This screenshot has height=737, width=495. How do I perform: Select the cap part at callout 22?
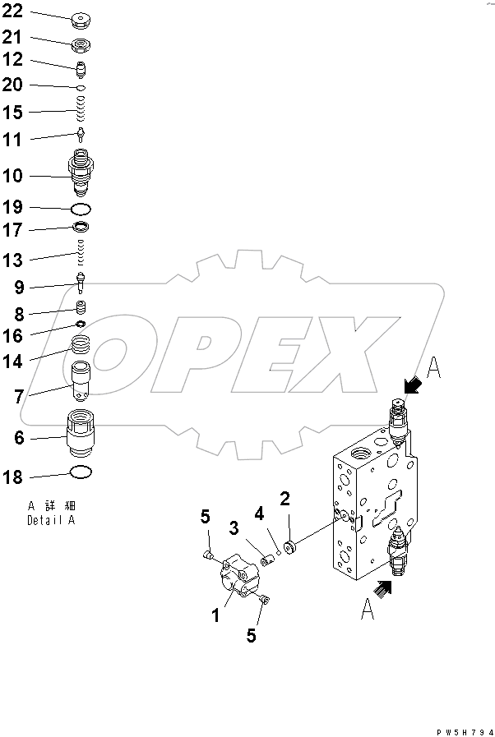[x=81, y=18]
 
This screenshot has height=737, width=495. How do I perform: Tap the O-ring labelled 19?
[x=81, y=209]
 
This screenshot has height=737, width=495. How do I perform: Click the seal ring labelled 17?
[x=81, y=228]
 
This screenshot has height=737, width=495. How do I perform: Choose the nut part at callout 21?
[x=81, y=44]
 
